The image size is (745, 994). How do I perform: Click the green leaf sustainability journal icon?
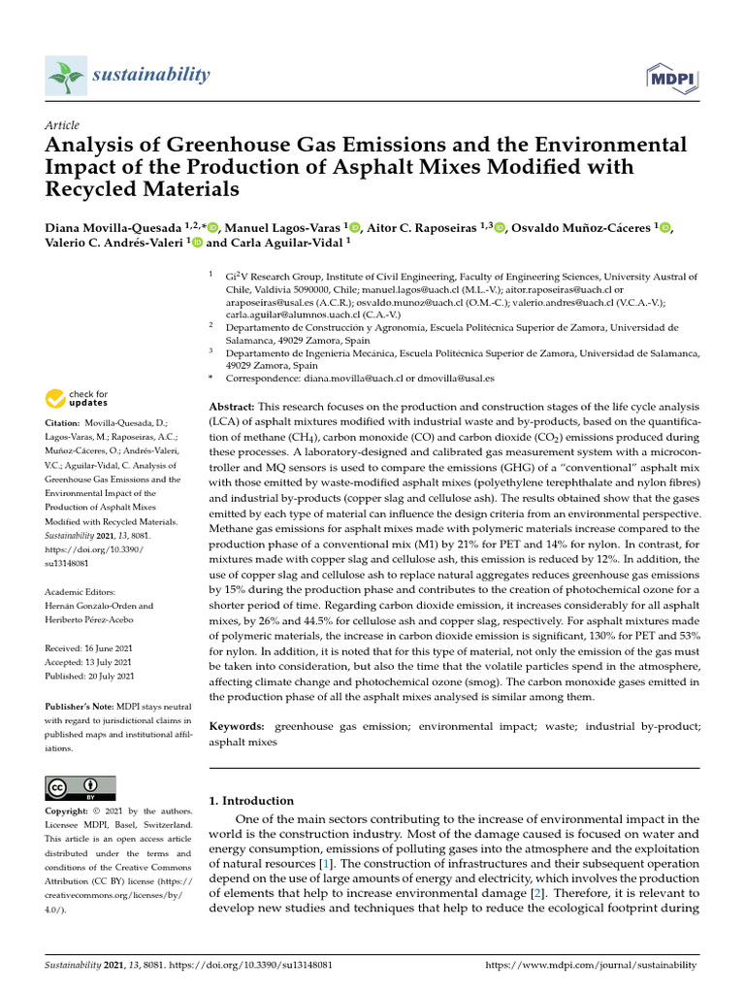tap(65, 76)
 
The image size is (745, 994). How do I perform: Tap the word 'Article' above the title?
tap(62, 125)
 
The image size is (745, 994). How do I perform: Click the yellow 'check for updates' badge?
tap(77, 398)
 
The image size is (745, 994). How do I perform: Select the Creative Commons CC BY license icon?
tap(81, 788)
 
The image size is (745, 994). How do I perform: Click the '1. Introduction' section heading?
tap(251, 801)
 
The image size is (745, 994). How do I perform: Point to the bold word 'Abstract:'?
tap(232, 405)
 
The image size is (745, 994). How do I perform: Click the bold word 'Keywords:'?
tap(237, 726)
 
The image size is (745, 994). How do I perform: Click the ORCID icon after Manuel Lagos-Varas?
tap(354, 228)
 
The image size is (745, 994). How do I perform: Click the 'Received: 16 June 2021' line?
tap(90, 647)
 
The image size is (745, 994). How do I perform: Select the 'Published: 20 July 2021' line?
tap(90, 676)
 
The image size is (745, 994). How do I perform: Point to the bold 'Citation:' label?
tap(62, 424)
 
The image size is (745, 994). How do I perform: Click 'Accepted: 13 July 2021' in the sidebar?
tap(89, 661)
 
